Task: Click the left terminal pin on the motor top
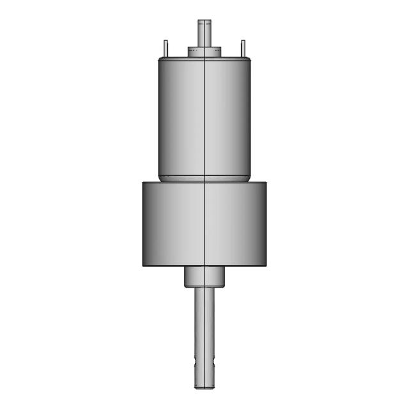166,48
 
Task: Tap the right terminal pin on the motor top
242,48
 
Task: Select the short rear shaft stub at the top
204,33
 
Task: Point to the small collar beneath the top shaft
204,51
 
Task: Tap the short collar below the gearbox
205,276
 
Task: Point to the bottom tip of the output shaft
205,386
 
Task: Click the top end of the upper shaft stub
204,21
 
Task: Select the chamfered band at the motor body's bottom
204,178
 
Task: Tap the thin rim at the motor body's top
204,59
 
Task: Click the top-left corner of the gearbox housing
143,183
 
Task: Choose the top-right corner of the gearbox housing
266,183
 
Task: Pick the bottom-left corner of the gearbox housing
143,265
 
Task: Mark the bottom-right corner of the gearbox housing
266,265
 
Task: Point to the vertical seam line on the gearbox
204,224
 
